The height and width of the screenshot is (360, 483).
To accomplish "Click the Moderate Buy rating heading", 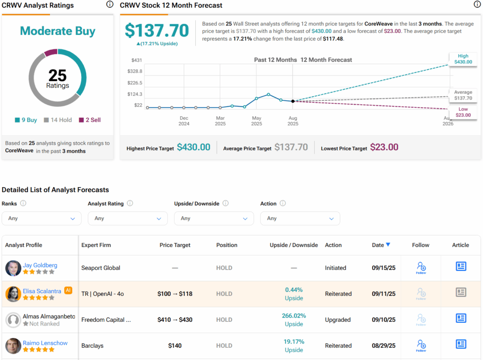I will [x=58, y=31].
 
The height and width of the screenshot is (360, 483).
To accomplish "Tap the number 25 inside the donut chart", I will [x=58, y=75].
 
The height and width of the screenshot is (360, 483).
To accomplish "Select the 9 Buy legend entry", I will [x=26, y=120].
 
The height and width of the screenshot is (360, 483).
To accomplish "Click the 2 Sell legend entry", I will [x=90, y=120].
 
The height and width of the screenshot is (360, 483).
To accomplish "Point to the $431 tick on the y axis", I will [x=137, y=60].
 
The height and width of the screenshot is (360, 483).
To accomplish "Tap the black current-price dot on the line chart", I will [x=293, y=101].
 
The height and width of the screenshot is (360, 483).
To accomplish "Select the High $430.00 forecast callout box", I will [x=463, y=59].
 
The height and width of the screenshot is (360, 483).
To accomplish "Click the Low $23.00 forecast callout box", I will [x=463, y=112].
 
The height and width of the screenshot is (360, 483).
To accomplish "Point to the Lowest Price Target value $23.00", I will [x=384, y=147].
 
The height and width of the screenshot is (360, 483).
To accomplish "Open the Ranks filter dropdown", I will [x=42, y=219].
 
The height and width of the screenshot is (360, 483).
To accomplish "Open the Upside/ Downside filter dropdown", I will [x=214, y=219].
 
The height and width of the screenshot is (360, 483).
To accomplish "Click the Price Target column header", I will [x=175, y=245].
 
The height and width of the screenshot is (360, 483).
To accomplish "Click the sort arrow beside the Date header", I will [x=388, y=245].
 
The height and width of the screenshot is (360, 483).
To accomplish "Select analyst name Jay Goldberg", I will [x=41, y=265].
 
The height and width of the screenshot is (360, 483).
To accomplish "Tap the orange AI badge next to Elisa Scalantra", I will [x=68, y=290].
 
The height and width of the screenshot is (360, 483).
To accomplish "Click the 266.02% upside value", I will [x=294, y=316].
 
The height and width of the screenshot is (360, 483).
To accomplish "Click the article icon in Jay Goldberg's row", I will [x=461, y=266].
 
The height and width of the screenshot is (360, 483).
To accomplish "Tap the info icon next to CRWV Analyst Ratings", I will [x=110, y=4].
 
